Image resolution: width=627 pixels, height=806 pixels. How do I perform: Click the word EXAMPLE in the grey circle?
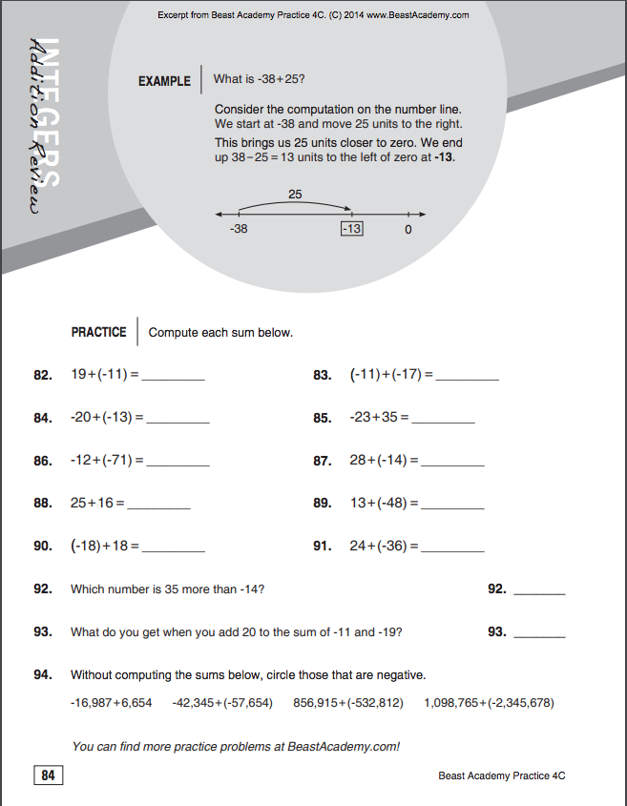[164, 81]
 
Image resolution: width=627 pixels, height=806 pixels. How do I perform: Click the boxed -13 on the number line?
[351, 229]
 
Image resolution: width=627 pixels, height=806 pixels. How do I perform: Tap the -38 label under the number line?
[239, 229]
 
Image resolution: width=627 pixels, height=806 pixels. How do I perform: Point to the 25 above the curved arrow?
[295, 195]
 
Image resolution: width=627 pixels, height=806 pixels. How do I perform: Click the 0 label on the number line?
[408, 230]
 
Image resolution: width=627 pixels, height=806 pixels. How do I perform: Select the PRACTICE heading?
[98, 333]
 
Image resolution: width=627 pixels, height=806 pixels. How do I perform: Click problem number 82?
[42, 376]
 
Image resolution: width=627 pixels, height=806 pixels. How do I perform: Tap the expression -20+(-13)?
[106, 418]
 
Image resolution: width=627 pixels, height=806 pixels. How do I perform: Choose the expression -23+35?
[379, 418]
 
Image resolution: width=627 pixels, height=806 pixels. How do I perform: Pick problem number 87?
[322, 461]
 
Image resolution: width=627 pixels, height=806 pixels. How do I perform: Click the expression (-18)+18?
[105, 547]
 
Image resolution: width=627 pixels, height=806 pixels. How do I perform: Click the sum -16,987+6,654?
[111, 703]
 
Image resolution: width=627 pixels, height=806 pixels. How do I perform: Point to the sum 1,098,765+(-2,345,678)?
[489, 703]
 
